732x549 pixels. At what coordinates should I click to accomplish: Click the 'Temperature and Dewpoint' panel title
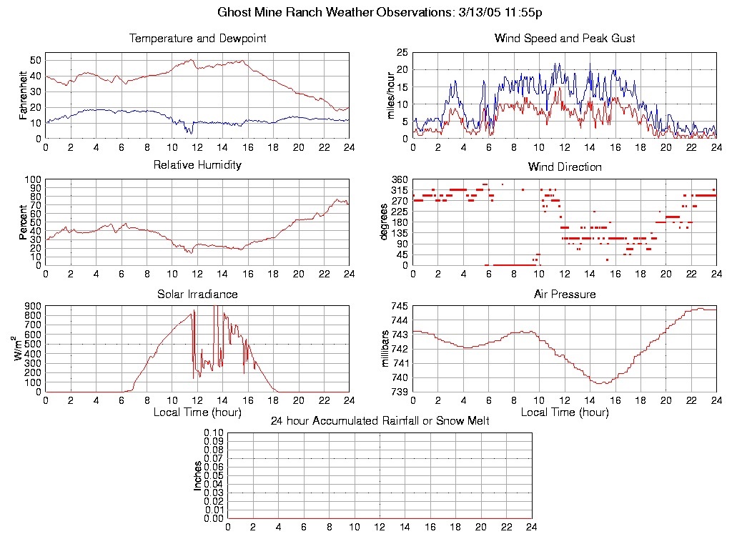pyautogui.click(x=197, y=39)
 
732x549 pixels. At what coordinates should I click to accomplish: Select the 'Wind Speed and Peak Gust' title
pyautogui.click(x=565, y=39)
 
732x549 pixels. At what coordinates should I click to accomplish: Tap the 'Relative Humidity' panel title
pyautogui.click(x=197, y=165)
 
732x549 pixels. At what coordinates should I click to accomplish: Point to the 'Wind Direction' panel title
pyautogui.click(x=565, y=167)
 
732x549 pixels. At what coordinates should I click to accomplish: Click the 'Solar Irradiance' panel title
pyautogui.click(x=197, y=294)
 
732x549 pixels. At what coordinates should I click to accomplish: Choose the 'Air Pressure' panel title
pyautogui.click(x=565, y=294)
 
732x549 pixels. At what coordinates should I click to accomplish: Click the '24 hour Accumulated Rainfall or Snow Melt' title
pyautogui.click(x=380, y=421)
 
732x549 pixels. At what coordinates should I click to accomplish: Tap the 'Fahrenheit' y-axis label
pyautogui.click(x=24, y=96)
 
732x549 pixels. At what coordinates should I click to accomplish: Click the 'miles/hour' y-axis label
pyautogui.click(x=391, y=96)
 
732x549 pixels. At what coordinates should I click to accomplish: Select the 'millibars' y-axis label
pyautogui.click(x=385, y=349)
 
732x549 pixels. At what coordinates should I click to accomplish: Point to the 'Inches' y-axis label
pyautogui.click(x=198, y=475)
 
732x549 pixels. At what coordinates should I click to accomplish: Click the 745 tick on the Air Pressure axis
pyautogui.click(x=400, y=307)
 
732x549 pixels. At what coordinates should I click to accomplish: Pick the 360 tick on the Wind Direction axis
pyautogui.click(x=400, y=179)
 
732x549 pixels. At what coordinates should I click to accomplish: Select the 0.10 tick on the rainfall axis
pyautogui.click(x=214, y=433)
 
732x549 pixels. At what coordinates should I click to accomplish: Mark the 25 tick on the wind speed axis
pyautogui.click(x=402, y=52)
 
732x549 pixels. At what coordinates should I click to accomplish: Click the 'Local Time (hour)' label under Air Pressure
pyautogui.click(x=565, y=412)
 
